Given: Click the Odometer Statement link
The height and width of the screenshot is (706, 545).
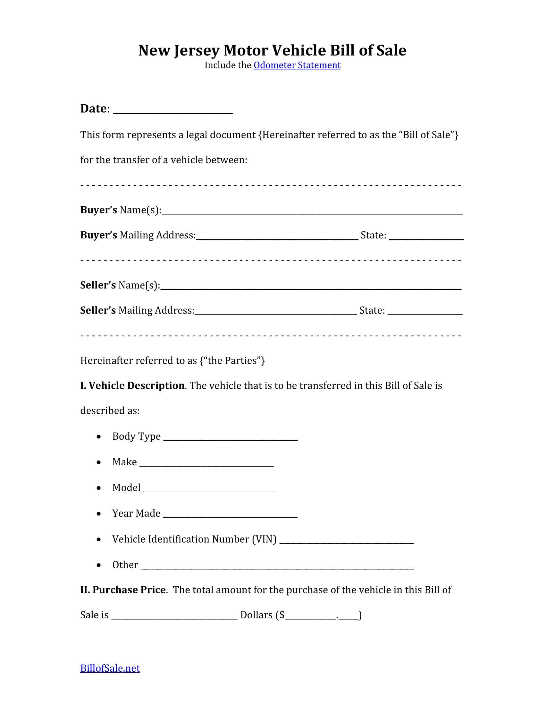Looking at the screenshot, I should coord(297,65).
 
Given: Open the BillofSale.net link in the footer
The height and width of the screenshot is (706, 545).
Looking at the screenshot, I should coord(110,668).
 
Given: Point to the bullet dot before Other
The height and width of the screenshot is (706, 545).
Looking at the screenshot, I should coord(99,565).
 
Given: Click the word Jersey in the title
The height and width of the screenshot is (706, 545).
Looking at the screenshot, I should coord(197,50).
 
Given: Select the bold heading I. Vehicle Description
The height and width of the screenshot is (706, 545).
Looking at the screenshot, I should coord(132,386).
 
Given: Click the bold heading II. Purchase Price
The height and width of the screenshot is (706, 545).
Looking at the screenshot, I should coord(123,590).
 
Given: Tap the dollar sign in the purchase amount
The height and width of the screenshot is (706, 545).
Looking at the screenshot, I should coord(282,615).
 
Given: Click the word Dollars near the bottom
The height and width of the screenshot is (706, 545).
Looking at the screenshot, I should coord(256,615).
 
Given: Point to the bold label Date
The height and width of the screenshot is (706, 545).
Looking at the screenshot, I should coord(93,108).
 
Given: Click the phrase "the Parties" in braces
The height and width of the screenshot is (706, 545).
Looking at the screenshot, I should coord(232,360).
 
